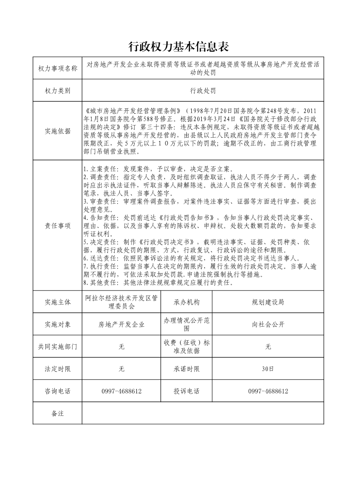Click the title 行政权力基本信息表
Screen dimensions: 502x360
point(180,46)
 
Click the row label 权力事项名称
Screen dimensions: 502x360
point(58,68)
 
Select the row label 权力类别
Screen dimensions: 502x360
point(58,90)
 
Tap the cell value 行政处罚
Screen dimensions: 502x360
point(203,90)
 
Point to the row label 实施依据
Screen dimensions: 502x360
point(58,131)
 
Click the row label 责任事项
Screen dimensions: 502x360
point(58,226)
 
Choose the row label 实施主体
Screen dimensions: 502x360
point(58,302)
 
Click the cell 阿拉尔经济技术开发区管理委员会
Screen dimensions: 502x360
point(122,302)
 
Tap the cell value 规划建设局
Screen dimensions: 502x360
point(268,302)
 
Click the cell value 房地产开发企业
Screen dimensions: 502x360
point(122,324)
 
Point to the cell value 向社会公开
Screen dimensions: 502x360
point(268,324)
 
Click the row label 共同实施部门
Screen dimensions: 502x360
point(58,347)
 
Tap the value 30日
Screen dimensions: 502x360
point(268,369)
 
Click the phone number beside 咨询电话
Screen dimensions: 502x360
point(122,391)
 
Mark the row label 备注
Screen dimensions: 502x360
point(58,413)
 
